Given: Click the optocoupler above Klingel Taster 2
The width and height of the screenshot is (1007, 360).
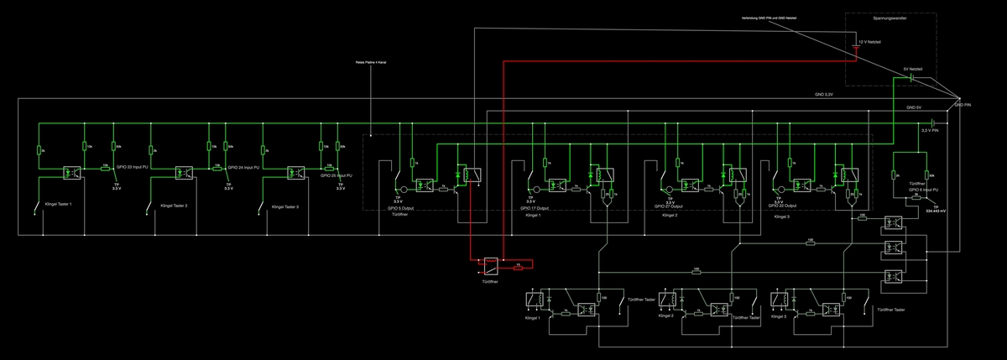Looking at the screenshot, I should [x=185, y=173].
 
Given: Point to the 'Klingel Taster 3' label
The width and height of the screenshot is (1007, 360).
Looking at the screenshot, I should [x=280, y=206].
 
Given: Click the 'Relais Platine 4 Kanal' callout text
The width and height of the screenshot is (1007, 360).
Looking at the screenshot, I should [x=369, y=62].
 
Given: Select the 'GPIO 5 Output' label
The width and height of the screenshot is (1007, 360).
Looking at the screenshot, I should [x=406, y=207].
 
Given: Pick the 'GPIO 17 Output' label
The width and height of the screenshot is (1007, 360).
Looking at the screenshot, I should [x=534, y=207].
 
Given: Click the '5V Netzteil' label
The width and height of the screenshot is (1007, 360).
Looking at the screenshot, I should [x=913, y=69].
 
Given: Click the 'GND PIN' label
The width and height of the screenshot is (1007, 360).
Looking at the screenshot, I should [x=963, y=105].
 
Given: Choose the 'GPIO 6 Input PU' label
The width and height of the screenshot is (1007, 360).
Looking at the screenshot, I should [x=922, y=190].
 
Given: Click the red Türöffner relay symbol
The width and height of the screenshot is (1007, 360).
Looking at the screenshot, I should [x=489, y=265].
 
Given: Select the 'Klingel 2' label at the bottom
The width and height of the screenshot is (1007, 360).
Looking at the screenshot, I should [x=666, y=317].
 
